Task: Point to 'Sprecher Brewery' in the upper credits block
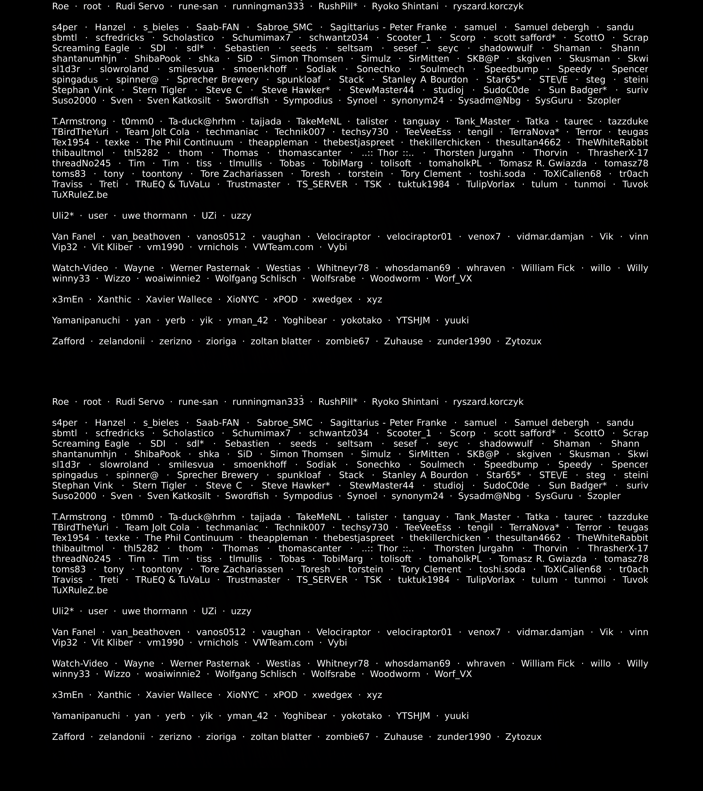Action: [x=217, y=80]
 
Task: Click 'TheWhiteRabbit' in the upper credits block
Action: [x=612, y=142]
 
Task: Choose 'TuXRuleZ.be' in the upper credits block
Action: [x=80, y=195]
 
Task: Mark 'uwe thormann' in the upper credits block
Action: [x=154, y=216]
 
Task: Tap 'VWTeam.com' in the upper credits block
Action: [x=283, y=247]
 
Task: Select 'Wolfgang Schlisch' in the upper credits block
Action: [x=256, y=279]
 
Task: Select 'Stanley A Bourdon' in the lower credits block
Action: [x=425, y=475]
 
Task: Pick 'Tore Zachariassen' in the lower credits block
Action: [x=241, y=569]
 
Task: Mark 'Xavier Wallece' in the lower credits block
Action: [x=179, y=695]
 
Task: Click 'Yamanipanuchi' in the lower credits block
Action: [x=86, y=716]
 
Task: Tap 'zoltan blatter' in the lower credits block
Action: [x=281, y=737]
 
